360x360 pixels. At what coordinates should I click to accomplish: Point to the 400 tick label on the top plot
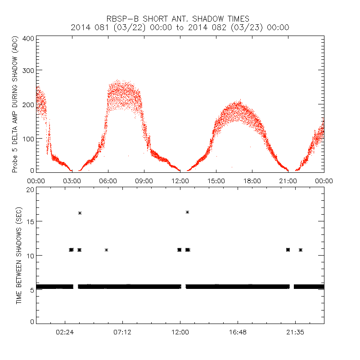coord(28,39)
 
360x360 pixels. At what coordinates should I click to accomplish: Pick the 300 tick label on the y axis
coord(28,71)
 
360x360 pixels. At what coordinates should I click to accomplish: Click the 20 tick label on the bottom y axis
coord(31,189)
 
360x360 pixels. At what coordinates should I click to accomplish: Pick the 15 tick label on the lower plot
coord(31,222)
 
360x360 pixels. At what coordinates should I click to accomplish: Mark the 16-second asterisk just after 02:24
coord(80,213)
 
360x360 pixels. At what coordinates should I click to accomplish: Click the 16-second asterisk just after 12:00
coord(187,212)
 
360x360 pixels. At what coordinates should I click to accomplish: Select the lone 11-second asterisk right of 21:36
coord(301,250)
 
